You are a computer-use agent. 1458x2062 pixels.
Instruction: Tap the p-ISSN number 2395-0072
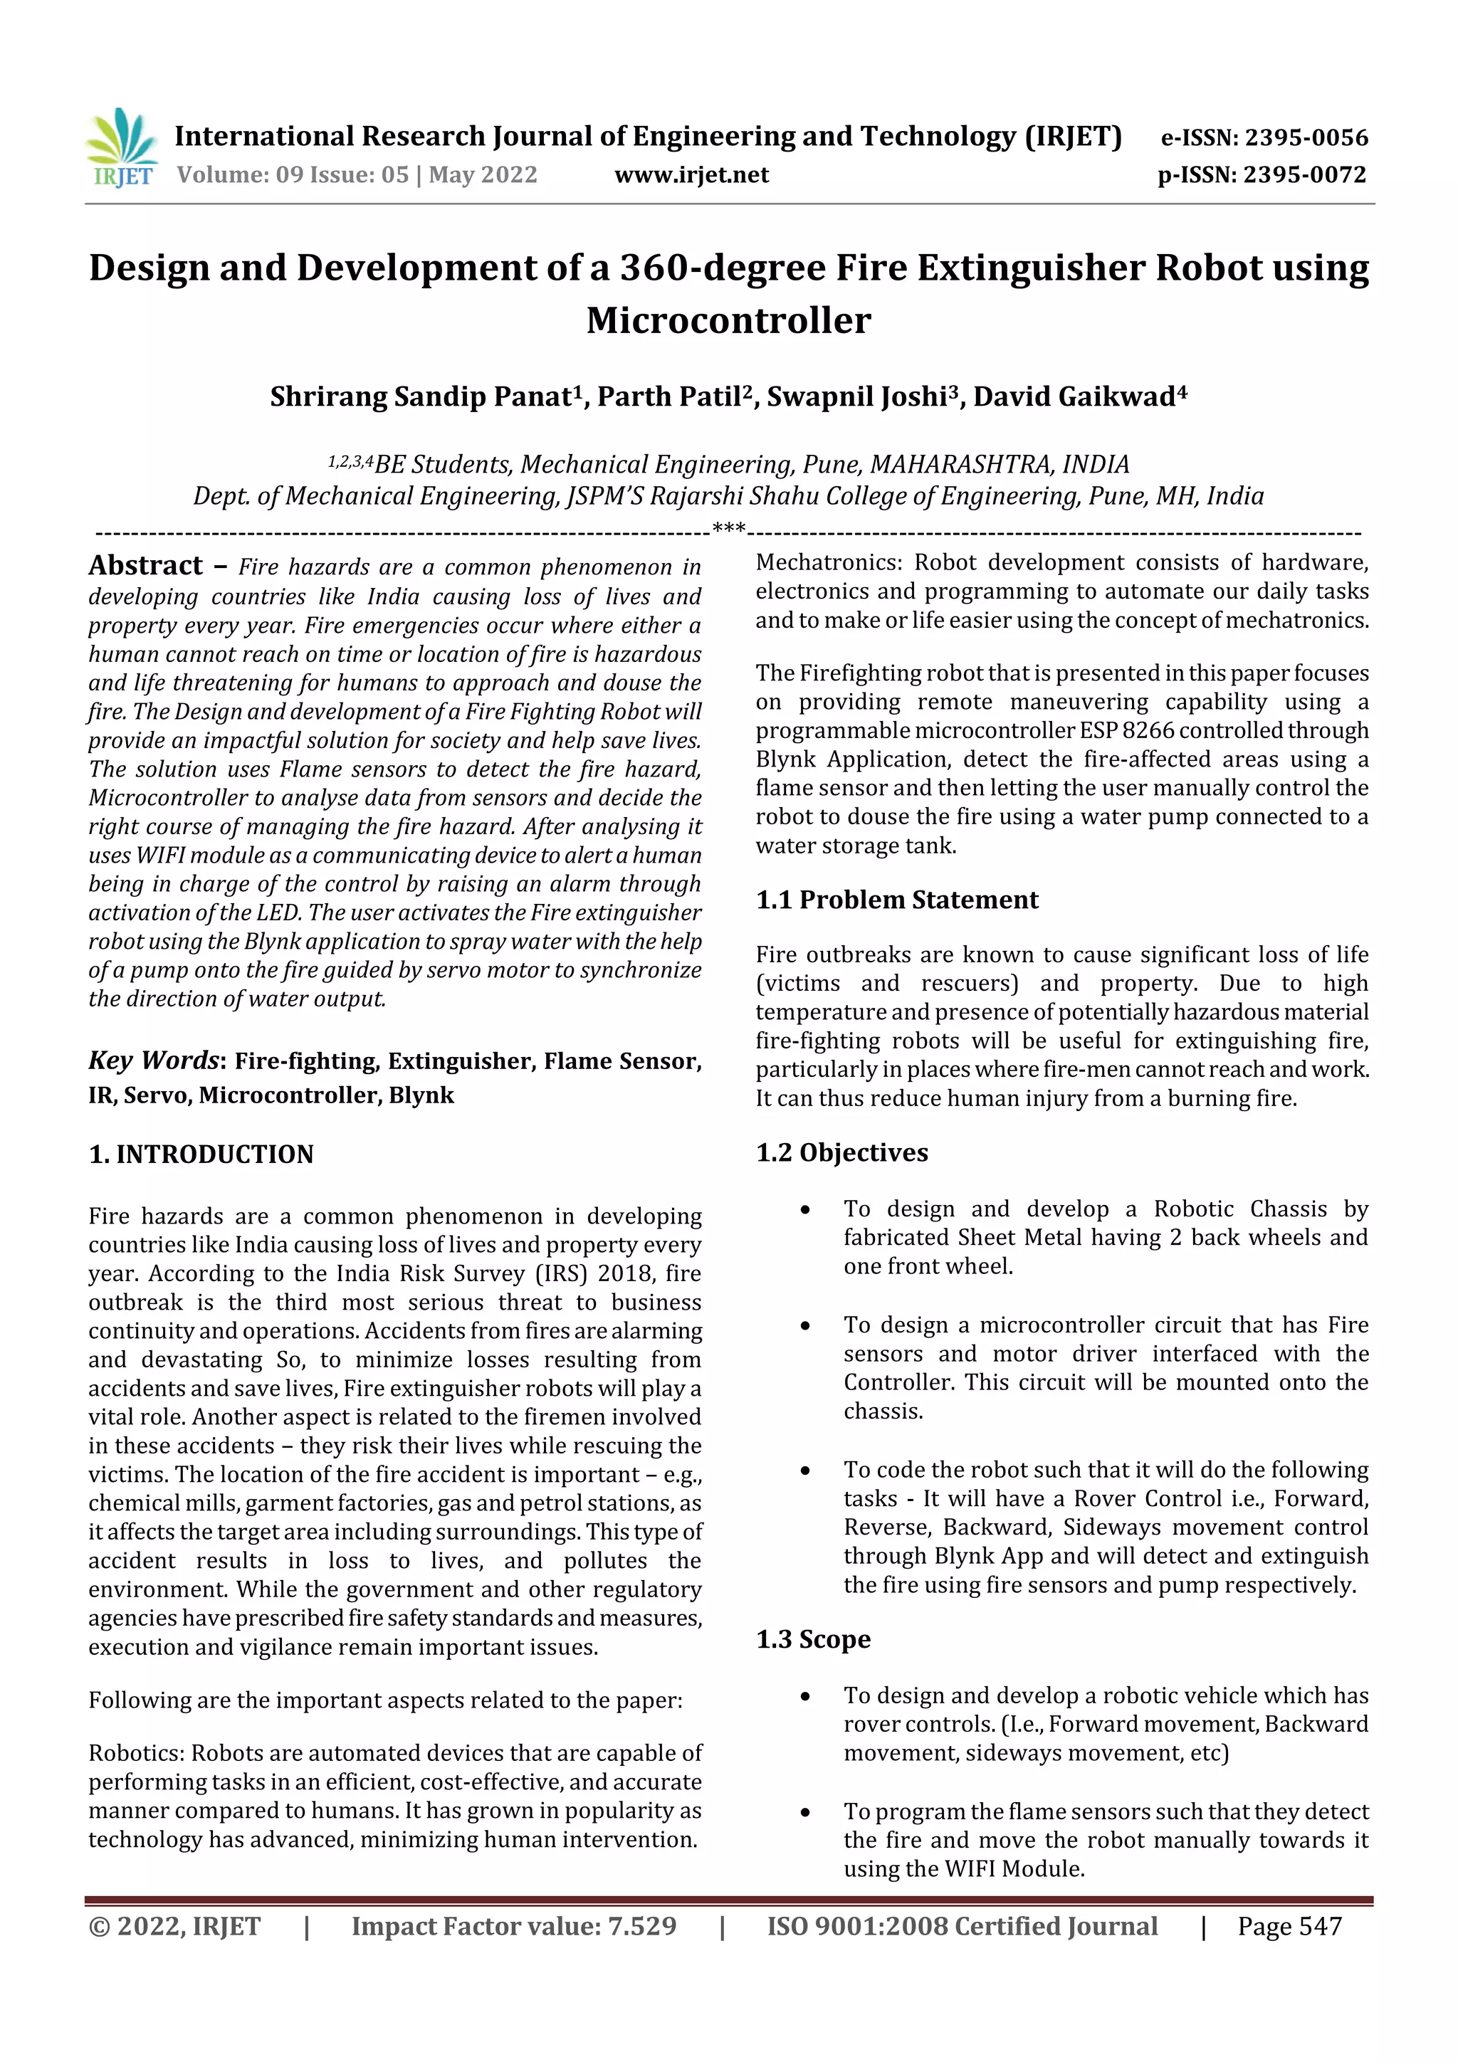(1304, 175)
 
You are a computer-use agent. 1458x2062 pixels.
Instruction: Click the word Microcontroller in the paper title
(728, 320)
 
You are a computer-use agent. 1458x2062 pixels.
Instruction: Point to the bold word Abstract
(145, 565)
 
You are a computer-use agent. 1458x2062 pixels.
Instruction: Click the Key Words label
(153, 1061)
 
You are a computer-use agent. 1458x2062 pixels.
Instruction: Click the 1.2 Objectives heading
(841, 1153)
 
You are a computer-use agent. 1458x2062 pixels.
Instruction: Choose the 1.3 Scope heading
(813, 1639)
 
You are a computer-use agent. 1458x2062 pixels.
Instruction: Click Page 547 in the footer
(1289, 1926)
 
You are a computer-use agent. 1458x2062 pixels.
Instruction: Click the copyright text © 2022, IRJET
(174, 1926)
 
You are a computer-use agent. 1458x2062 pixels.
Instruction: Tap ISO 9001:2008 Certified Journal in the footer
(961, 1926)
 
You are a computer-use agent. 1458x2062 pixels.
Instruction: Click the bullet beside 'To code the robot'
(805, 1471)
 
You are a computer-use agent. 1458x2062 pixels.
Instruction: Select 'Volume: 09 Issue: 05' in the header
(292, 175)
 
